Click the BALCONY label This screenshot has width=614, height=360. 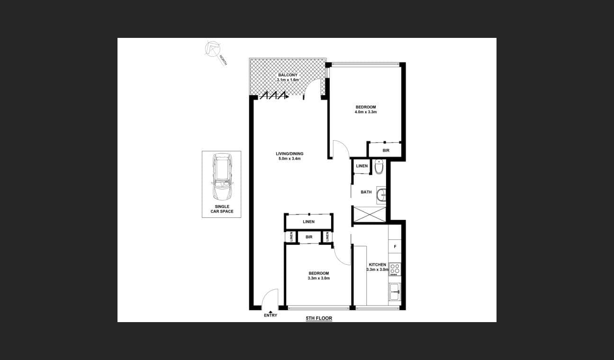coord(288,75)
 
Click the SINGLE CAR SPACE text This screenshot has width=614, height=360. coord(222,209)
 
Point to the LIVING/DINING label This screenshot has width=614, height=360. coord(289,153)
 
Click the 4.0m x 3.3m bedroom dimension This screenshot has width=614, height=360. coord(366,112)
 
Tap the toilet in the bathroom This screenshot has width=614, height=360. coord(379,167)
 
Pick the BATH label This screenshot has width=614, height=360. coord(366,192)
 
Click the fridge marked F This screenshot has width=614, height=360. coord(395,247)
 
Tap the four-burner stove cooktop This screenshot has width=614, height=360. coord(395,269)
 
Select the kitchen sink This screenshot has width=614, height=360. coord(394,292)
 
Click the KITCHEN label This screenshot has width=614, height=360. coord(378,265)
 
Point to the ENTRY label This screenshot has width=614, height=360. coord(271,315)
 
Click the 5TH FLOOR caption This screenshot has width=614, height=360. coord(319,319)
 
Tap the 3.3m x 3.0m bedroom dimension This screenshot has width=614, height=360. coord(318,278)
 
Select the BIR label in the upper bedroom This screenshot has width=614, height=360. coord(386,151)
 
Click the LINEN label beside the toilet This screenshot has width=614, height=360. coord(362,166)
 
